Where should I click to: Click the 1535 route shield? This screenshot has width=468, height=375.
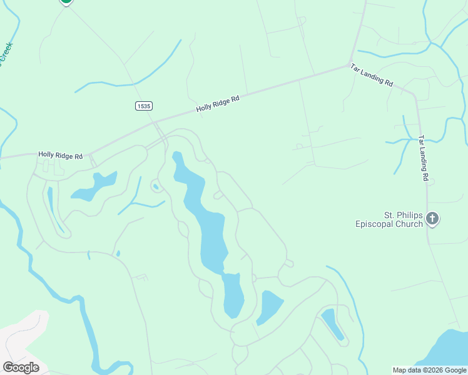point(143,106)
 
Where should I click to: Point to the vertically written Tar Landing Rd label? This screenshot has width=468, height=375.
point(424,158)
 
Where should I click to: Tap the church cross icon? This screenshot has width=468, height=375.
point(432,219)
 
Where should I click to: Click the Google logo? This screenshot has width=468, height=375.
point(21,367)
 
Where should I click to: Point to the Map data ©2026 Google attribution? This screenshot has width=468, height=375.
point(429,370)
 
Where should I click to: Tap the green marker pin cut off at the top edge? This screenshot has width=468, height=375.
point(66,2)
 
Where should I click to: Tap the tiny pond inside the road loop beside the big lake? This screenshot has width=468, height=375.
point(155,185)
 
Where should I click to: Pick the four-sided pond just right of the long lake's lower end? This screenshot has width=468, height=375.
point(271,306)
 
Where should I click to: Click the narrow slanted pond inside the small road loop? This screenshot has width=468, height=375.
point(332,323)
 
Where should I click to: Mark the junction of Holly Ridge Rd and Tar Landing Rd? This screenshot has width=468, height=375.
point(350,65)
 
